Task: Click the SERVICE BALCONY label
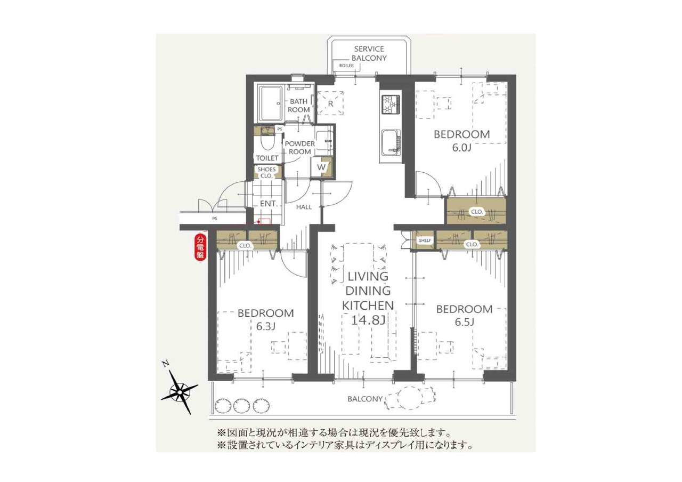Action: [369, 53]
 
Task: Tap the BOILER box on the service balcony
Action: [346, 66]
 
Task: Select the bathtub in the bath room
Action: [271, 103]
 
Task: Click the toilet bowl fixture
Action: [268, 142]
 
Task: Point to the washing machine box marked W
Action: [321, 167]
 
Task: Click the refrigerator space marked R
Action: [331, 103]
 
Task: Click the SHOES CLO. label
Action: [266, 172]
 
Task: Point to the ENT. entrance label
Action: [268, 204]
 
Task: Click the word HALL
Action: [304, 207]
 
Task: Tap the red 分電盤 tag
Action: [200, 246]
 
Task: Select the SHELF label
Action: [425, 240]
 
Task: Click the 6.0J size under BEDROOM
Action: [461, 148]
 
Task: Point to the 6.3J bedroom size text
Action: [265, 327]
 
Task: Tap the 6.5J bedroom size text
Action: [464, 323]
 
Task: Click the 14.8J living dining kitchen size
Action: [368, 320]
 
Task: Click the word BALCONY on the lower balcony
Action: [365, 399]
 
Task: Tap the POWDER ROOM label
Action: [299, 148]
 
